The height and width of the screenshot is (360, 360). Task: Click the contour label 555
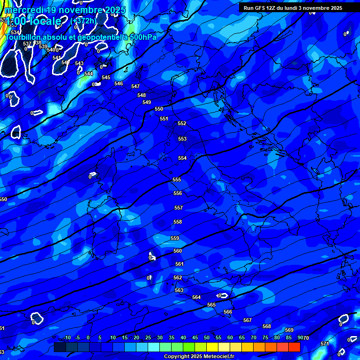[x=177, y=180]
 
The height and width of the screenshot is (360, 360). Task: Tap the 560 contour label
[x=178, y=251]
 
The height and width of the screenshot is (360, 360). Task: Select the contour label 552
[x=182, y=124]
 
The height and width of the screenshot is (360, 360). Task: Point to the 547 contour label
[x=135, y=87]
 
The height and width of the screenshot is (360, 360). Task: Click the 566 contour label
[x=228, y=312]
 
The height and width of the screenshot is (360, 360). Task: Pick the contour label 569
[x=289, y=330]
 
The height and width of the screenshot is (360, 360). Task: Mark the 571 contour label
[x=325, y=344]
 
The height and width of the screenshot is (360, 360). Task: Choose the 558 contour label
[x=178, y=222]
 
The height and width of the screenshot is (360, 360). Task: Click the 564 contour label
[x=196, y=298]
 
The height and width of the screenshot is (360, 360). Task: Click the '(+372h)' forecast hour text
[x=84, y=21]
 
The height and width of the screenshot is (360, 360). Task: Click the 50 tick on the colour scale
[x=207, y=338]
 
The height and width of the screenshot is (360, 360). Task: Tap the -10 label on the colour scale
[x=67, y=338]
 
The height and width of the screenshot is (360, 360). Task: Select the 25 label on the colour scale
[x=148, y=338]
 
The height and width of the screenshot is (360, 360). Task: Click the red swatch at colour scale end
[x=294, y=347]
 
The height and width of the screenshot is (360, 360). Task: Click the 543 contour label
[x=79, y=64]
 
